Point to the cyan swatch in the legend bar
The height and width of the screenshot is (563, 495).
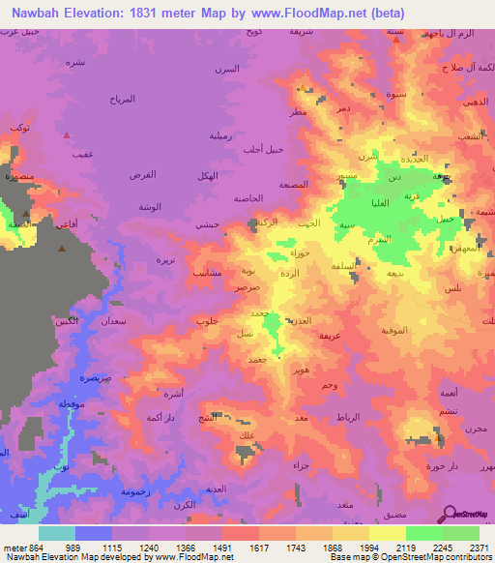[57, 533]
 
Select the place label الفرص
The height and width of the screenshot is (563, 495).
[142, 175]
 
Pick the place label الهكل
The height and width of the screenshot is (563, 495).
[205, 175]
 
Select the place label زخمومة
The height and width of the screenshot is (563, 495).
[134, 491]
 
